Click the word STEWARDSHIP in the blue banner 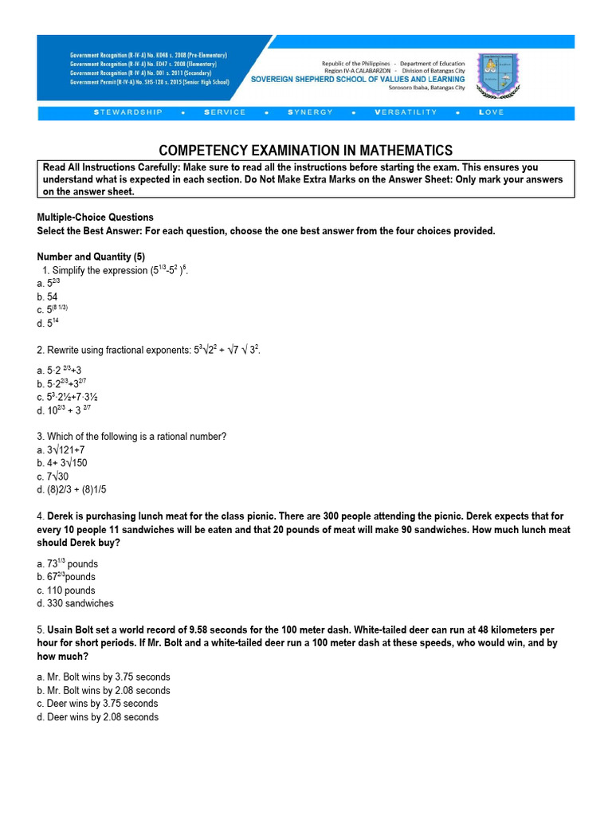coord(128,112)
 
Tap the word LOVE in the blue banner coord(492,112)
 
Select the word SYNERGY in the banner coord(311,112)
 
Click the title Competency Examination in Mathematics coord(306,151)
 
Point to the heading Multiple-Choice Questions coord(96,218)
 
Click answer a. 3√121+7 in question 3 coord(61,449)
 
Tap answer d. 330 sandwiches coord(75,603)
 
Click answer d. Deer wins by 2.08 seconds coord(97,717)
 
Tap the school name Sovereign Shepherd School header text coord(358,79)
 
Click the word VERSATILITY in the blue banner coord(406,112)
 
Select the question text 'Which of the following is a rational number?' coord(136,436)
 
